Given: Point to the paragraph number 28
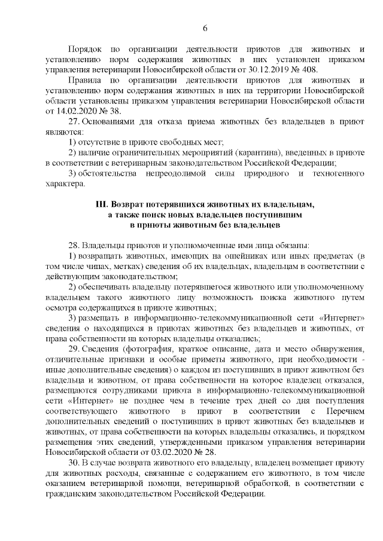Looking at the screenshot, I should pos(74,245).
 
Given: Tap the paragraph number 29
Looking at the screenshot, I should pos(74,349).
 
